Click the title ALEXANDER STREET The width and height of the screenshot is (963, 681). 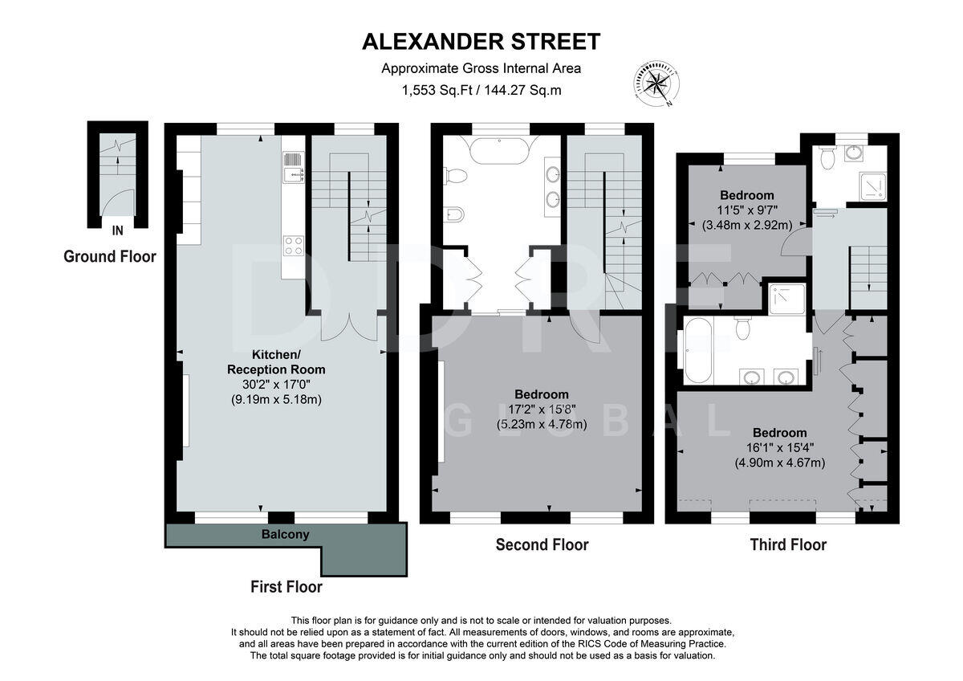pos(481,41)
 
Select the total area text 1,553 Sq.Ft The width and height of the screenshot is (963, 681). pos(437,91)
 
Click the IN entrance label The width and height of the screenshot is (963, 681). pos(117,231)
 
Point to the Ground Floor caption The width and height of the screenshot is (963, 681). pos(110,257)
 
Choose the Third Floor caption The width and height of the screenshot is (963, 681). pos(788,545)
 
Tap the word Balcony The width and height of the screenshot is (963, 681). pos(285,534)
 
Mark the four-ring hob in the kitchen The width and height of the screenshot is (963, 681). pos(294,246)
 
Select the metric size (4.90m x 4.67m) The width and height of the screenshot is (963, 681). pos(780,463)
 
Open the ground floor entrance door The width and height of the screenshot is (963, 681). pos(117,204)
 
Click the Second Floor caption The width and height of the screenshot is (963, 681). pos(542,545)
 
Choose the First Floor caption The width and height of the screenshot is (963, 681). pos(286,587)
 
